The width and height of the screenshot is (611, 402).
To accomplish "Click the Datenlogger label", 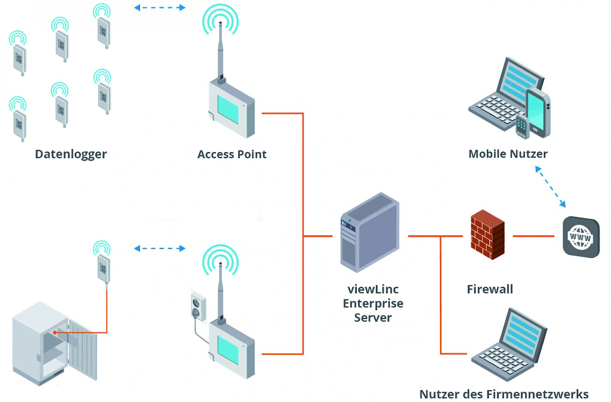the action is pos(71,154).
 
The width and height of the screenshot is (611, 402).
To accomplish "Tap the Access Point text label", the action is pos(232,154).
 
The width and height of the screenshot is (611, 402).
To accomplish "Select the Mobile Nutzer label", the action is pos(508,154).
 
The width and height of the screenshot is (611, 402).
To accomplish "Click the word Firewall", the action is pos(490,289).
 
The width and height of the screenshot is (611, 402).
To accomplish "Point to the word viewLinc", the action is pos(373,289).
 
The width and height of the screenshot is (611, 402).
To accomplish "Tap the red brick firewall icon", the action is pos(488,234).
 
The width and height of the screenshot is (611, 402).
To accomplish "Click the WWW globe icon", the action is pos(581,237).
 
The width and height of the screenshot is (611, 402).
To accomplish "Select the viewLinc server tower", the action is pos(369,232).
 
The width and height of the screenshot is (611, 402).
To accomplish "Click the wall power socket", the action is pos(198,305).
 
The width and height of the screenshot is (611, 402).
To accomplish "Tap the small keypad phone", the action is pos(522,126).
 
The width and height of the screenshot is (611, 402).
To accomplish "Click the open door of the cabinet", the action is pos(83,350).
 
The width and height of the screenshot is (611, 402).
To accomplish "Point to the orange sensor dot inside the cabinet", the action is pos(55,332).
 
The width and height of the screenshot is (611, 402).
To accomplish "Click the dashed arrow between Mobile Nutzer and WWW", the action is pos(550,186).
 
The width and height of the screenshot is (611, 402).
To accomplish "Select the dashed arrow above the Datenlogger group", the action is pos(160,8).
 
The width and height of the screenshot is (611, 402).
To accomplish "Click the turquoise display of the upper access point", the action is pos(228,109).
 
